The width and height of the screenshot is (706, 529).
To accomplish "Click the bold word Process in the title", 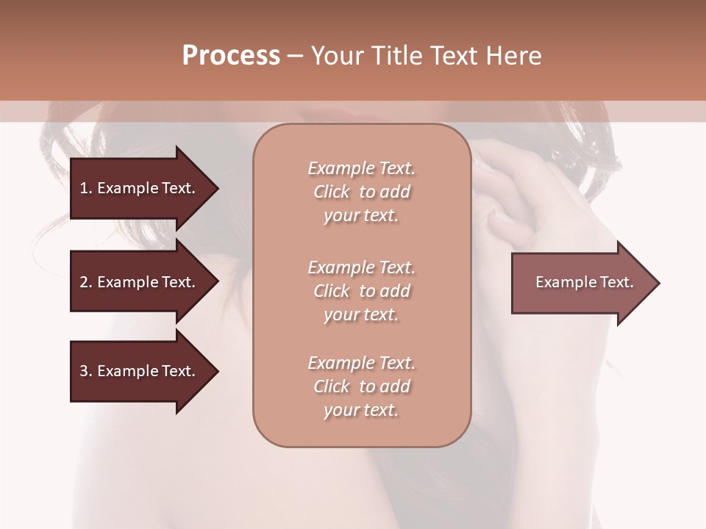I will coord(231,56).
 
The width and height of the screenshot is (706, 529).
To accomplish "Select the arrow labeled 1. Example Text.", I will coord(140,188).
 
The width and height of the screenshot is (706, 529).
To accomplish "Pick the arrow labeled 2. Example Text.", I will coord(140,282).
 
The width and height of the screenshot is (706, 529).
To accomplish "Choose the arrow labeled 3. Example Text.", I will coord(140,371).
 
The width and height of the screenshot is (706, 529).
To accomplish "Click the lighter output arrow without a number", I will coord(581,283).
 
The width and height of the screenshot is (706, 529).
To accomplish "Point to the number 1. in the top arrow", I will coord(86,188).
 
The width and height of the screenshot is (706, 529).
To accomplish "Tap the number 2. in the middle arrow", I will coord(86,282).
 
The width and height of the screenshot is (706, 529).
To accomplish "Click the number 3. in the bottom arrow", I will coord(86,371).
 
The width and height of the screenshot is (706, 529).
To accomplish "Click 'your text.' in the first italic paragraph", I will coord(361,216).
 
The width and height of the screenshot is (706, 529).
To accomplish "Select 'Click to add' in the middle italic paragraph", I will coord(361,291).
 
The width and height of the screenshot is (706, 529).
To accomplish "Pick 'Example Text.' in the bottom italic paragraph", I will coord(361,363).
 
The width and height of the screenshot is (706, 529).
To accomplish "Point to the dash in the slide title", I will coord(295,56).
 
